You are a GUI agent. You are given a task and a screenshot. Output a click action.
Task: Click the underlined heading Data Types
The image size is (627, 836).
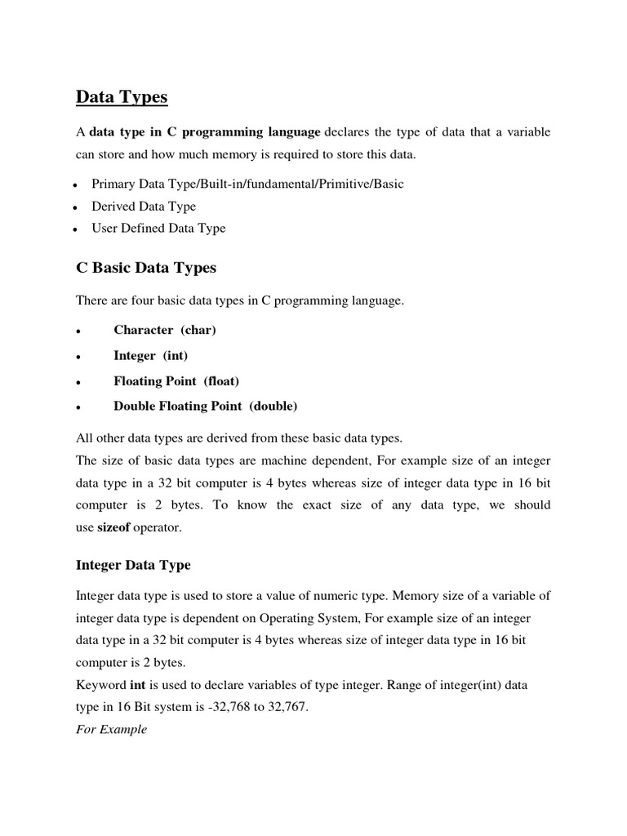pos(122,97)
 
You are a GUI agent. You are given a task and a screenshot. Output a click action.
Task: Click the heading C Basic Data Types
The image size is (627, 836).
pos(145,267)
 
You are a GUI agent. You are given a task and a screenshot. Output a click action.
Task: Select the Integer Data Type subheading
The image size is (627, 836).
pos(133,564)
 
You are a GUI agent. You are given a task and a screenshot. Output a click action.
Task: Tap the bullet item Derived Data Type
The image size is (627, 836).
pos(144,207)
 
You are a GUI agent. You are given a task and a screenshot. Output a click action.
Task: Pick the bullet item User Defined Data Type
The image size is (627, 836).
pos(158,229)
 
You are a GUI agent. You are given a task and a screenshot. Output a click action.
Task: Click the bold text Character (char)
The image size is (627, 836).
pos(165,330)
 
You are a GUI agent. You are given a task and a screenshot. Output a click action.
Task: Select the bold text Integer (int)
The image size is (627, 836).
pos(151,356)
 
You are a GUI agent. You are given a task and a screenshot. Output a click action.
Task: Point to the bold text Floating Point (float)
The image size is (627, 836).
pos(176,381)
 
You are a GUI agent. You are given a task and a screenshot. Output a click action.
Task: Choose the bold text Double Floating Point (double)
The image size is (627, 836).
pos(206,406)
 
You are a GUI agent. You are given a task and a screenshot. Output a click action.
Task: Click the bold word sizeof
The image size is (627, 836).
pos(115,528)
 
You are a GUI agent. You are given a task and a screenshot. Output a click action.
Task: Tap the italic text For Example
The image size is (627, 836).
pos(112,729)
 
